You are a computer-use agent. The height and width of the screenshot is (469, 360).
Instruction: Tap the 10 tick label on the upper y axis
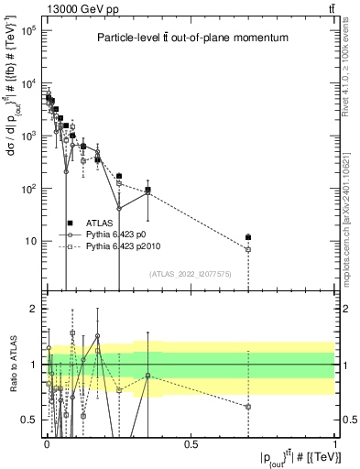pyautogui.click(x=29, y=242)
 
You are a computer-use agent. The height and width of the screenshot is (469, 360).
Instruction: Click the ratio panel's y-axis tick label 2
pyautogui.click(x=35, y=309)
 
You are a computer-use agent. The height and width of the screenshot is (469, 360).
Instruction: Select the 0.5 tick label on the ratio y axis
pyautogui.click(x=30, y=420)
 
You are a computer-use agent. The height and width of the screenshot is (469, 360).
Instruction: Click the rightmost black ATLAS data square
pyautogui.click(x=248, y=237)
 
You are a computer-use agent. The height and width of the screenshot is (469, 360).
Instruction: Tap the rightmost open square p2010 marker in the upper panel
pyautogui.click(x=248, y=249)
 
